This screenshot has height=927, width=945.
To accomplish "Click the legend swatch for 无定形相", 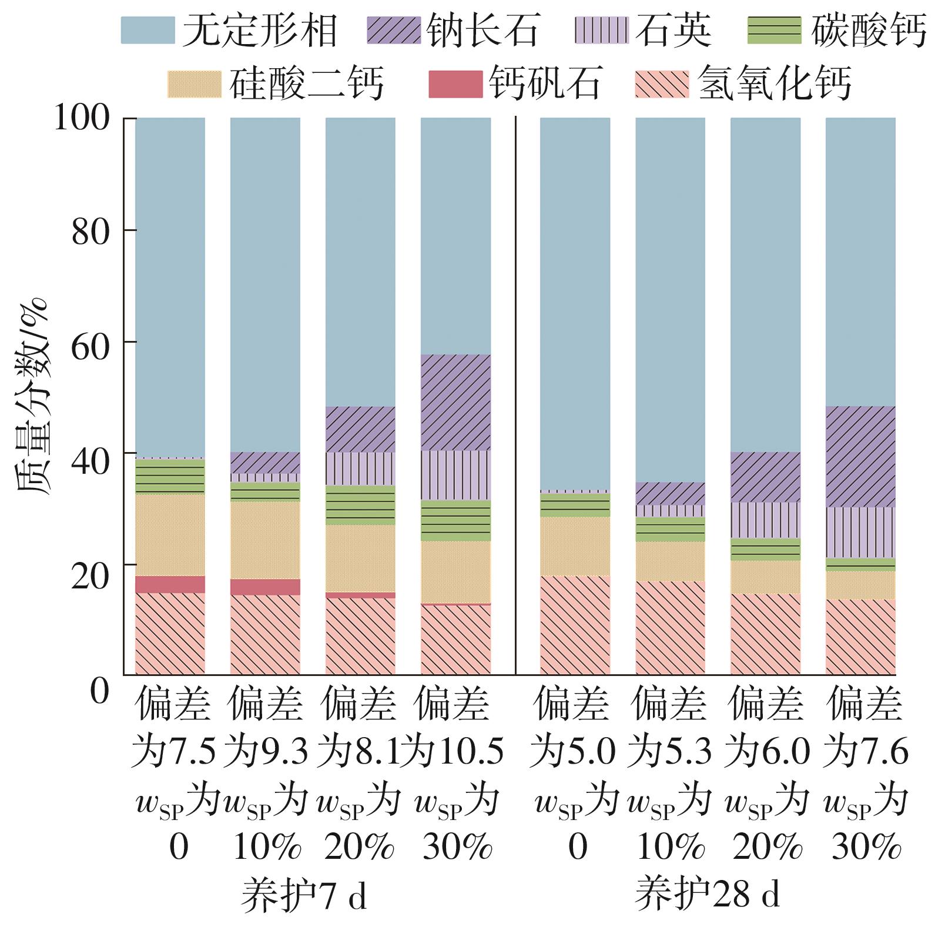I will coord(148,30).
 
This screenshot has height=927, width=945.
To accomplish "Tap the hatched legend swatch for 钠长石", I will coord(394,30).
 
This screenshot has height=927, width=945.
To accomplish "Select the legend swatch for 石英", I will coord(601,30).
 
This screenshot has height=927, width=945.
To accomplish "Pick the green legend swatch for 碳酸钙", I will coord(774,30).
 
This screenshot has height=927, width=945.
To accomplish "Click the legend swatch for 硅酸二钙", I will coord(195,83).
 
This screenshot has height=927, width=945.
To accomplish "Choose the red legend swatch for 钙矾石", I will coord(455,83).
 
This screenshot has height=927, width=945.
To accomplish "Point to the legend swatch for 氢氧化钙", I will coord(662,83).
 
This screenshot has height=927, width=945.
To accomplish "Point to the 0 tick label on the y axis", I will coord(100,691).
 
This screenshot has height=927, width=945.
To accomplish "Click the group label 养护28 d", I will coord(708,894).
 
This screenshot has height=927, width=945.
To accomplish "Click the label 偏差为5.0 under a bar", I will coord(573,728).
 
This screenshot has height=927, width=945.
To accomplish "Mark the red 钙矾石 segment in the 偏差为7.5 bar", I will coord(170,584).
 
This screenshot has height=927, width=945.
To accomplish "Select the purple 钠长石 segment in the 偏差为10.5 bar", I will coord(455,403).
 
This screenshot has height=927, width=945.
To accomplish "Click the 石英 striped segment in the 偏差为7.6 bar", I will coord(860,532).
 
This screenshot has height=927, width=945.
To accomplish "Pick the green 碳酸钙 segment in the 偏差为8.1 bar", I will coord(360,505).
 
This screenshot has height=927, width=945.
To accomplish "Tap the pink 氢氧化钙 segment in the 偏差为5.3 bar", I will coord(670,628).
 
